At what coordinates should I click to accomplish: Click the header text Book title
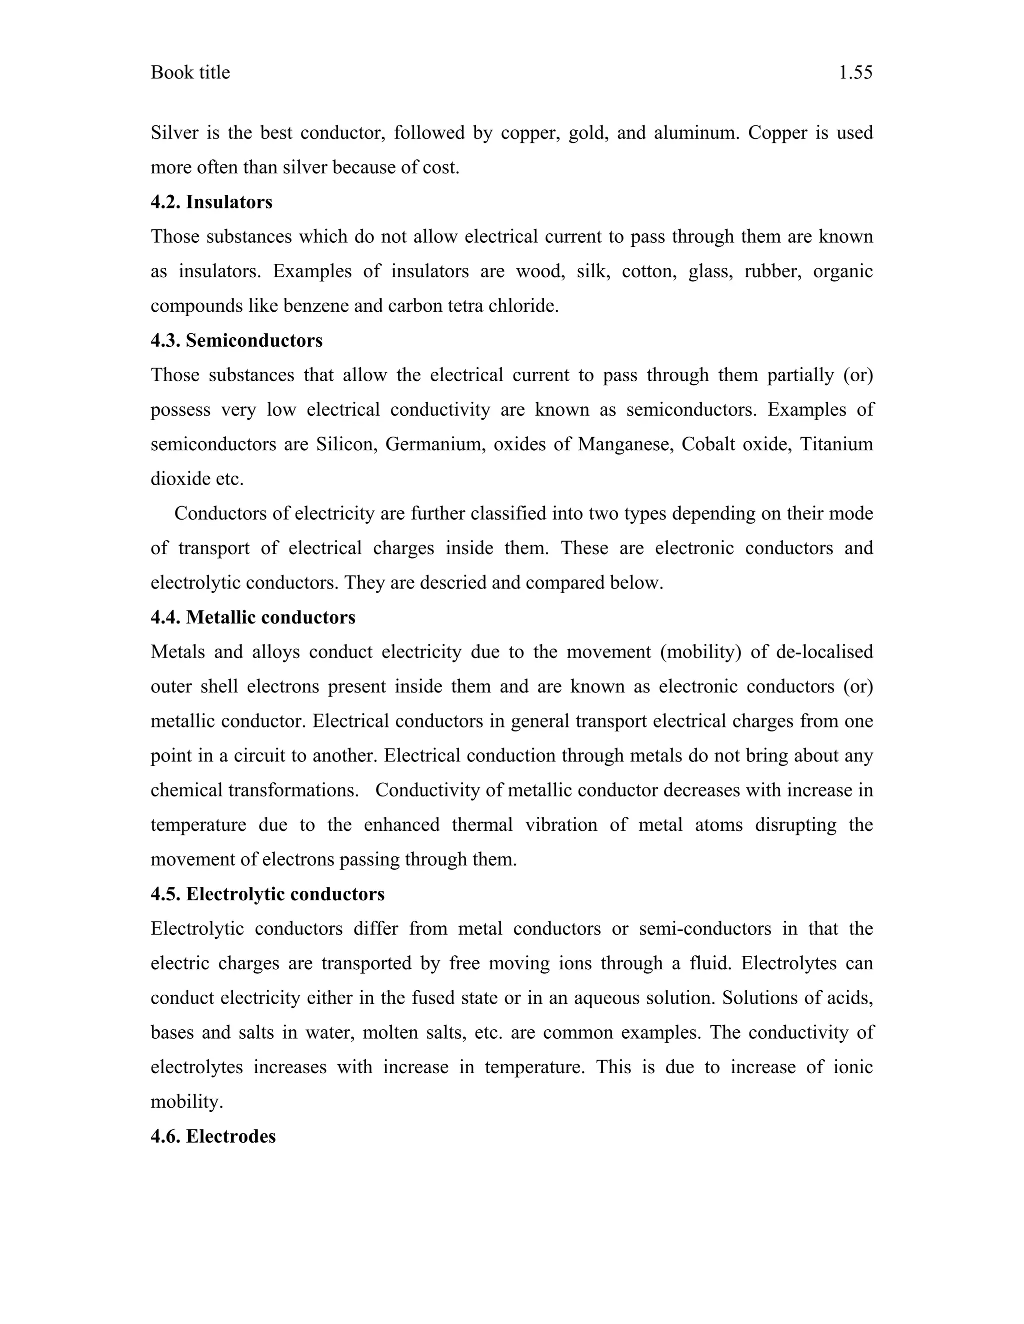[x=190, y=73]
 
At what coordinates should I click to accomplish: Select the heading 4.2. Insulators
[x=211, y=202]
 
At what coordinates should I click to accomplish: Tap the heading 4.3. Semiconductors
[x=236, y=340]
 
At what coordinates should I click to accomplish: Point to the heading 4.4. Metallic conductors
[x=252, y=617]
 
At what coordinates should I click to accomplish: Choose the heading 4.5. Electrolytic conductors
[x=267, y=894]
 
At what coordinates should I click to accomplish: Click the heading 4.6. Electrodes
[x=212, y=1136]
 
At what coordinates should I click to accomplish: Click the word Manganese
[x=625, y=444]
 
